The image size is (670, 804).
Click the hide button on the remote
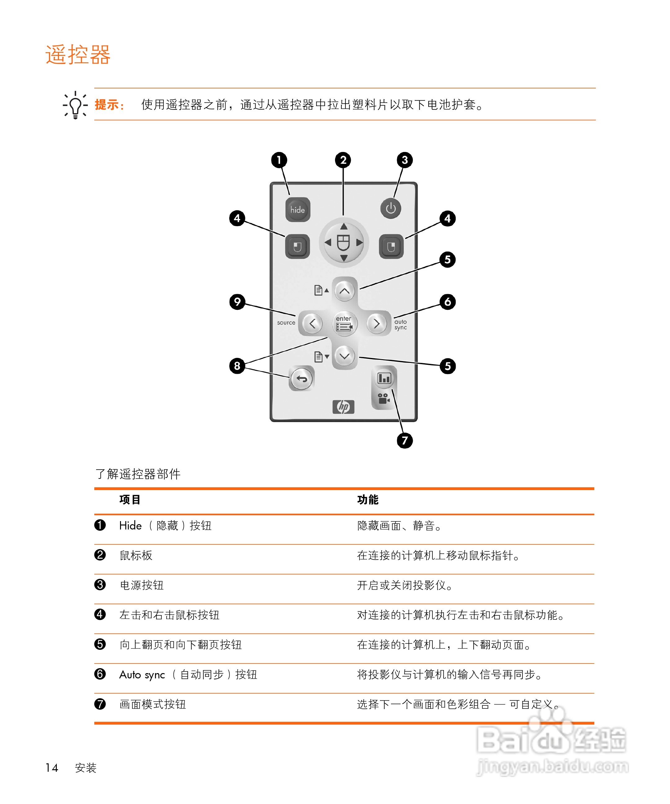click(x=297, y=210)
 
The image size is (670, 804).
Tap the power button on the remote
click(x=391, y=209)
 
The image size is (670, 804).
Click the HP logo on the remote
click(x=343, y=407)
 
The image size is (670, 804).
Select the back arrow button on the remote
click(x=302, y=379)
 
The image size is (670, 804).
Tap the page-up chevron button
click(x=345, y=291)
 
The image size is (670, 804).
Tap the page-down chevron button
click(x=345, y=356)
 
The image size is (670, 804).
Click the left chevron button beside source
click(x=312, y=324)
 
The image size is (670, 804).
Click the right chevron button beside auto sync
click(x=377, y=324)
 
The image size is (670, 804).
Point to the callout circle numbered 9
click(x=237, y=302)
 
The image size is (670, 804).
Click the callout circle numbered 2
click(x=343, y=160)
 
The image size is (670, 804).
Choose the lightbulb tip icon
click(x=75, y=105)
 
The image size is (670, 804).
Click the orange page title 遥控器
click(x=78, y=55)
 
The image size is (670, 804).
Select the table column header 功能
click(x=368, y=500)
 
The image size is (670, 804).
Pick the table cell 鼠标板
click(x=136, y=555)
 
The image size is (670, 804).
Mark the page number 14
click(x=52, y=768)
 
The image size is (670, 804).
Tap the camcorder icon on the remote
click(x=384, y=399)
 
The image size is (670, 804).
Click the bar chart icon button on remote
click(x=384, y=378)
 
